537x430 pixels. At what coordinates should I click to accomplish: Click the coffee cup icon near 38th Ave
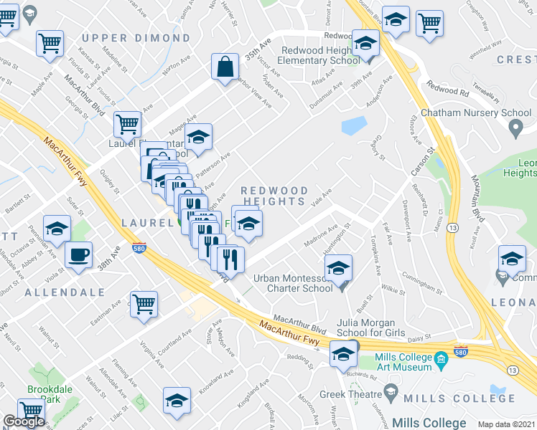pyautogui.click(x=78, y=255)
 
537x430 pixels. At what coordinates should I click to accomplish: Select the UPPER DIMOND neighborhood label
pyautogui.click(x=136, y=38)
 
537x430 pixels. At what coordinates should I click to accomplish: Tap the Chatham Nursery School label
pyautogui.click(x=475, y=113)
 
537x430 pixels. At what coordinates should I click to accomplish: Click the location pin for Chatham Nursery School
pyautogui.click(x=515, y=130)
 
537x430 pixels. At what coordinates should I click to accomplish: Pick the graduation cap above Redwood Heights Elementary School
pyautogui.click(x=365, y=44)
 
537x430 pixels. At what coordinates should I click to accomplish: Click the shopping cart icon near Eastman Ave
pyautogui.click(x=144, y=302)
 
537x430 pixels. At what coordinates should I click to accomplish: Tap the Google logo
pyautogui.click(x=24, y=421)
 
